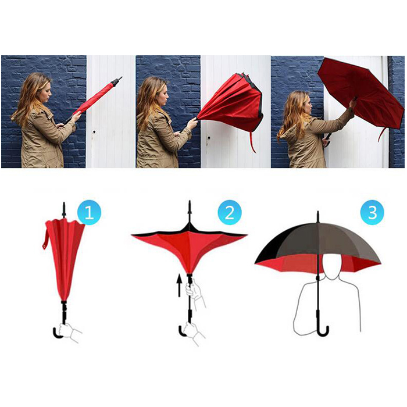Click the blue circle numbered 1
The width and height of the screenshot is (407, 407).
(90, 213)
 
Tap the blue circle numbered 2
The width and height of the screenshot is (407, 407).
(230, 213)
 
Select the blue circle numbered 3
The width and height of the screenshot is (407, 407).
(372, 212)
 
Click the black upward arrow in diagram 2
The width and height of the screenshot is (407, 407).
(179, 286)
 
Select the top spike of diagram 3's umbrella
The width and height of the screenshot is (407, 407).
(317, 217)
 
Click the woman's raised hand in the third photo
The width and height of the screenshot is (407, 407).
(353, 103)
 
